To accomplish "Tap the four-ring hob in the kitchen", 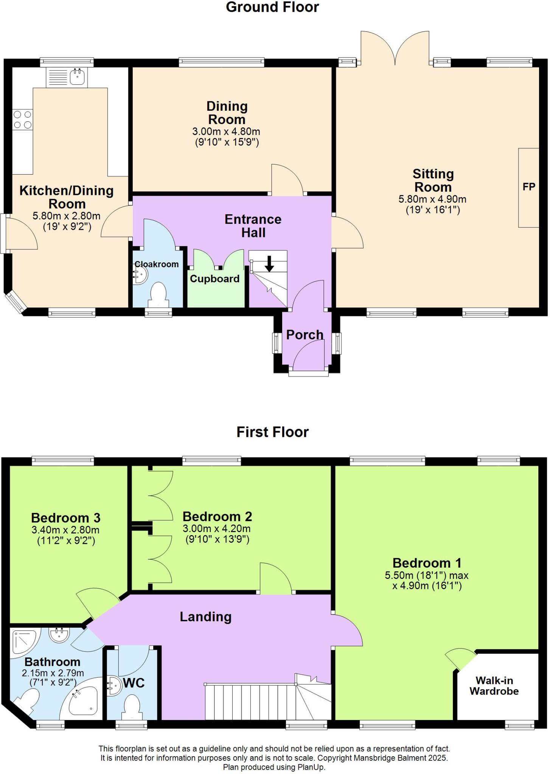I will pyautogui.click(x=22, y=119).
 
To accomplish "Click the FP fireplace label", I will pyautogui.click(x=529, y=187).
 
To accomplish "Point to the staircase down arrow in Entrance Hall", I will pyautogui.click(x=269, y=264).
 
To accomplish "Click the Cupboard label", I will pyautogui.click(x=214, y=279).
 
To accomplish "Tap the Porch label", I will pyautogui.click(x=305, y=335).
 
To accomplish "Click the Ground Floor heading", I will pyautogui.click(x=272, y=8).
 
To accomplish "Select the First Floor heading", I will pyautogui.click(x=272, y=432).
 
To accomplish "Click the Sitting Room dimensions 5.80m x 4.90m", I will pyautogui.click(x=432, y=199).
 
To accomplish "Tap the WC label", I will pyautogui.click(x=134, y=683).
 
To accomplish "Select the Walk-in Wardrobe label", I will pyautogui.click(x=494, y=686).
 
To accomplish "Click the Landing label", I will pyautogui.click(x=205, y=617).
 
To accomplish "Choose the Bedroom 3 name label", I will pyautogui.click(x=65, y=518).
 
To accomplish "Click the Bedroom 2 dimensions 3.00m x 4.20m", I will pyautogui.click(x=216, y=529).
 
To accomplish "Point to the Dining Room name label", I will pyautogui.click(x=227, y=113).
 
